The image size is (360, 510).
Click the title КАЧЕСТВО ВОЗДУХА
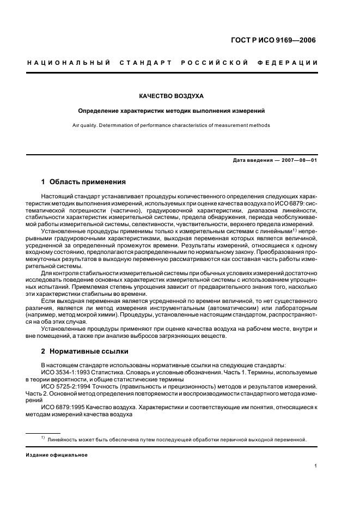tap(172, 96)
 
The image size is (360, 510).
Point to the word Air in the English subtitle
tap(77, 125)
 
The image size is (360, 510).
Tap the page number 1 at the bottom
tap(316, 466)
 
